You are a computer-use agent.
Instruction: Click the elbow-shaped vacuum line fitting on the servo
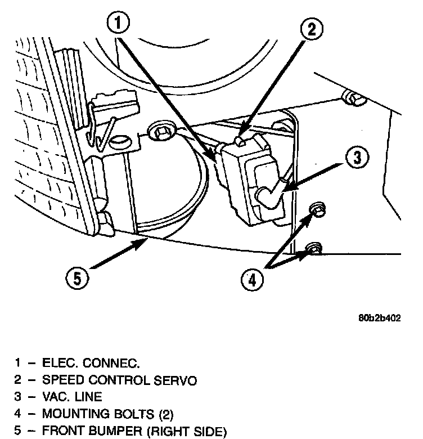tap(268, 195)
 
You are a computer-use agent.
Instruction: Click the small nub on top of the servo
tap(241, 137)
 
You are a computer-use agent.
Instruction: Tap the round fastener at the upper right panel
tap(355, 100)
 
